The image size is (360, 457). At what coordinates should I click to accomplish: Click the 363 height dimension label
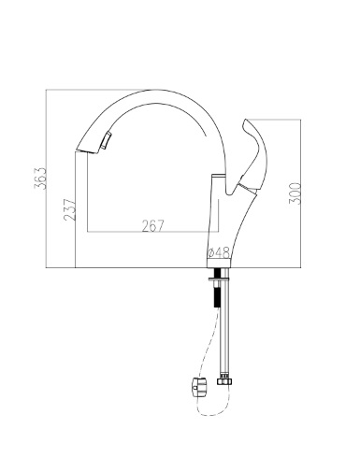pos(40,179)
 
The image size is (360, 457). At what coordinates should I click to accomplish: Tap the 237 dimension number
pos(70,209)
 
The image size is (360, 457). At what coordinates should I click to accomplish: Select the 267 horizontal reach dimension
pos(152,226)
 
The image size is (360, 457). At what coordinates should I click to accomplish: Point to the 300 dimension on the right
pos(295,193)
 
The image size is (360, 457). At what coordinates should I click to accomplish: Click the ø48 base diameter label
pos(219,252)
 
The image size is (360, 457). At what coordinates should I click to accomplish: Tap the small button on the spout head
pos(106,140)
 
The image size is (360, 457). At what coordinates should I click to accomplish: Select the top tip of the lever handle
pos(246,120)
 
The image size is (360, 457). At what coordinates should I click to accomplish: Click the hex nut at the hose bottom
pos(224,381)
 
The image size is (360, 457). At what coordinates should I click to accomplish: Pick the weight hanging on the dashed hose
pos(199,388)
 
